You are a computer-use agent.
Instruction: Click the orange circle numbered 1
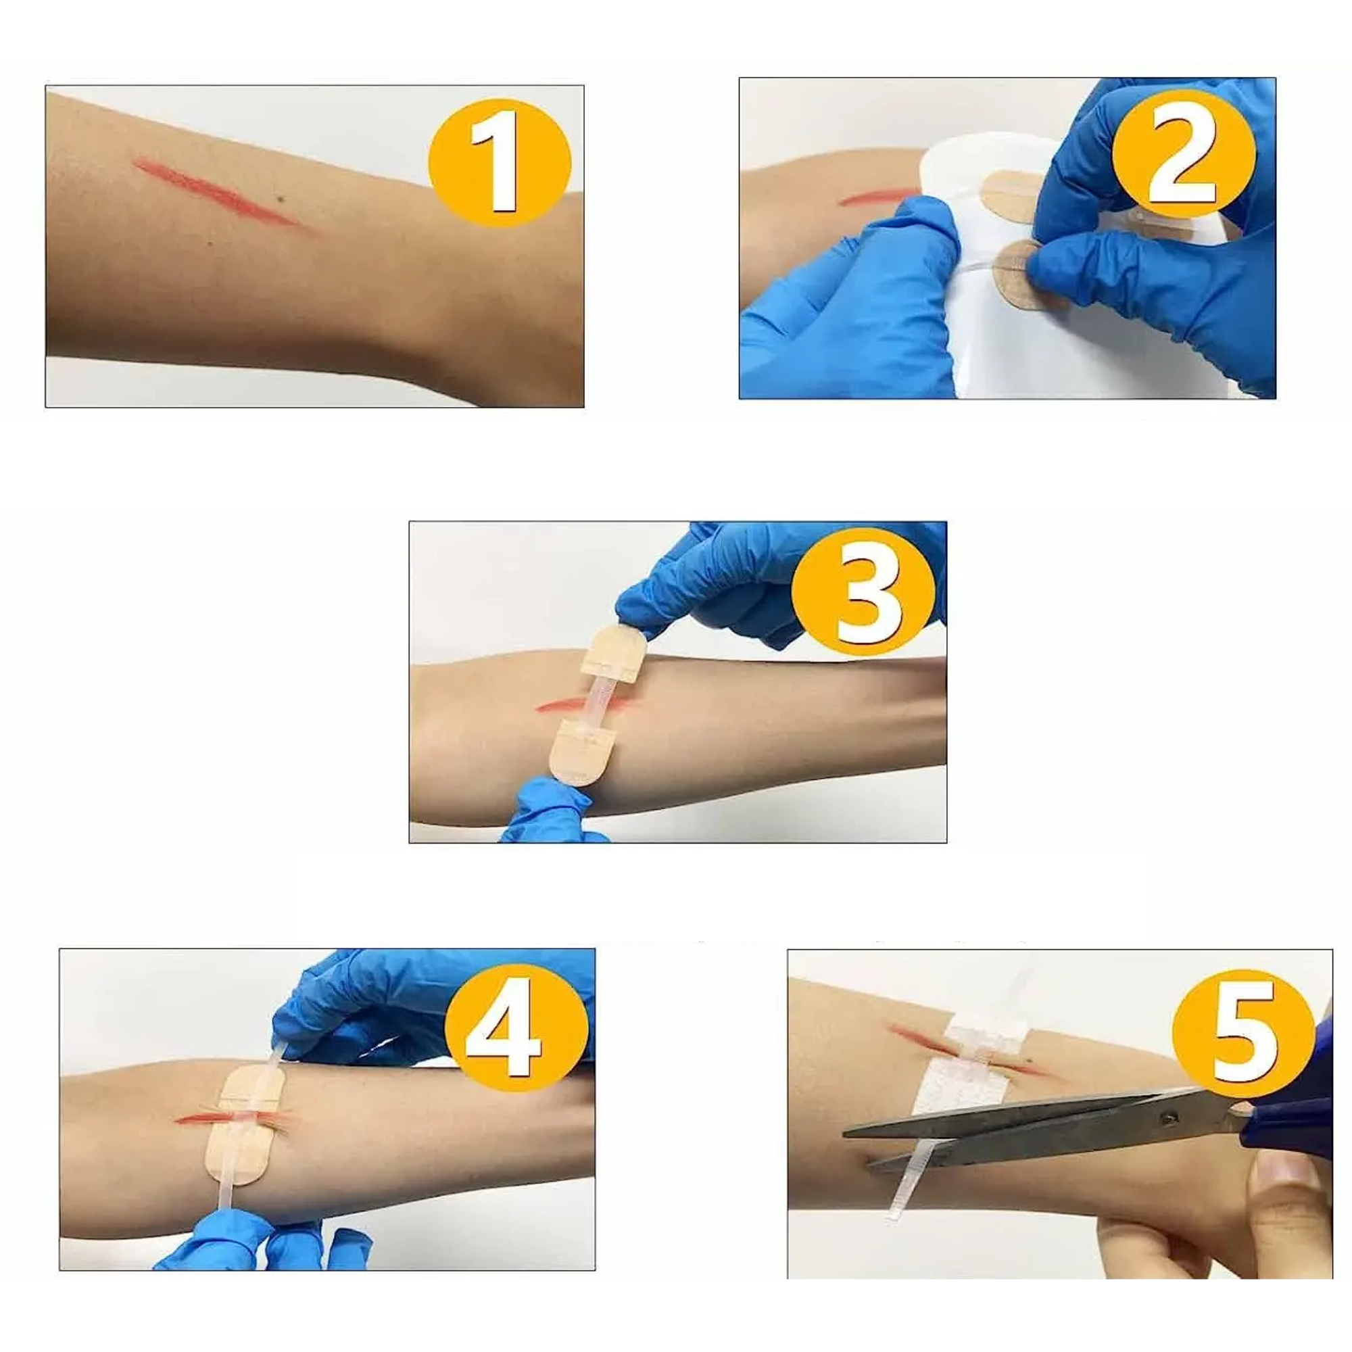click(500, 162)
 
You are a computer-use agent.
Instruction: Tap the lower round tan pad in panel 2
click(1029, 274)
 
